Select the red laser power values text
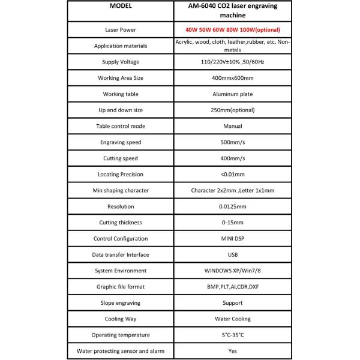(x=232, y=29)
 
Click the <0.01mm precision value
(x=232, y=174)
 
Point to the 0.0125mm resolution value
(x=232, y=206)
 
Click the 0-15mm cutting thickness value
(x=232, y=222)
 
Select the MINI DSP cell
(x=232, y=238)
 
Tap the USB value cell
(x=232, y=254)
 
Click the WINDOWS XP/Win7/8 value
(x=232, y=271)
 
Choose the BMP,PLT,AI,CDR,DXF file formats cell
(x=232, y=286)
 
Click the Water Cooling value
(x=232, y=319)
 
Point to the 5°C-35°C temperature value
(x=232, y=334)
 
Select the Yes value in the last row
(x=232, y=350)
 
